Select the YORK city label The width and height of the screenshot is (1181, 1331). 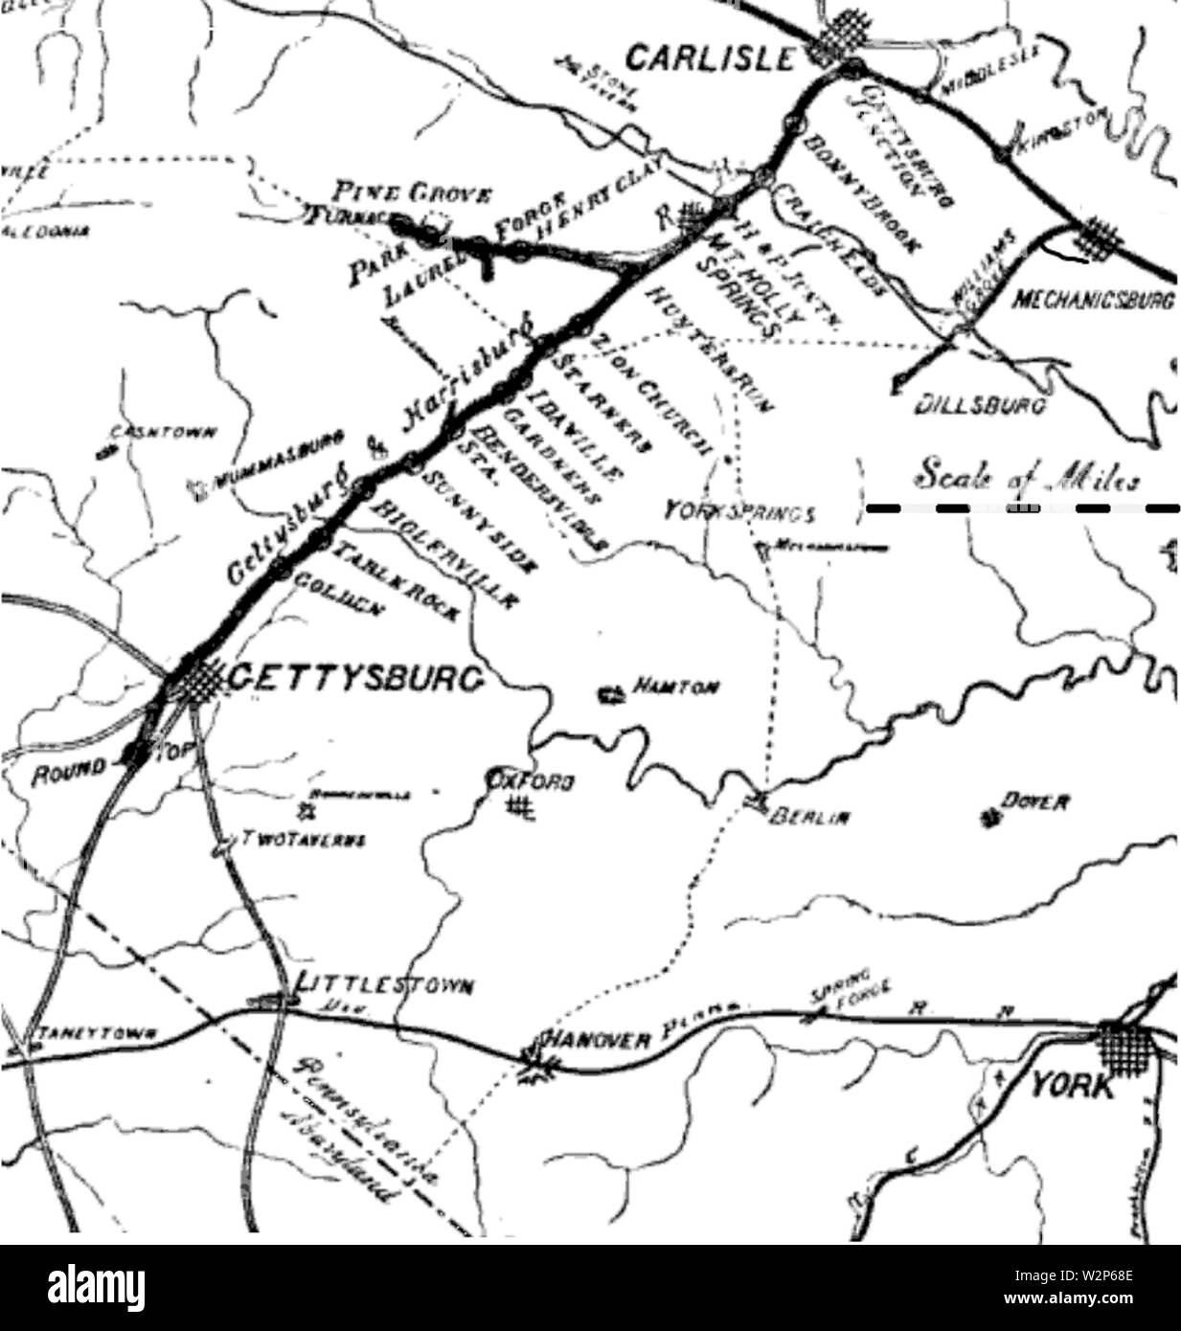click(x=1073, y=1087)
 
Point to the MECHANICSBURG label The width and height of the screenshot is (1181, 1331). click(x=1093, y=300)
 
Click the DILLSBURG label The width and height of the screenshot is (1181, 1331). click(x=979, y=405)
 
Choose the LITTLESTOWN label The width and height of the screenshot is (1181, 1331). click(x=382, y=985)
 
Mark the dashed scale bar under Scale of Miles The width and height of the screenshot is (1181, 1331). click(x=1021, y=508)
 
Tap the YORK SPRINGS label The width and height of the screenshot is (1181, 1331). click(x=739, y=512)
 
